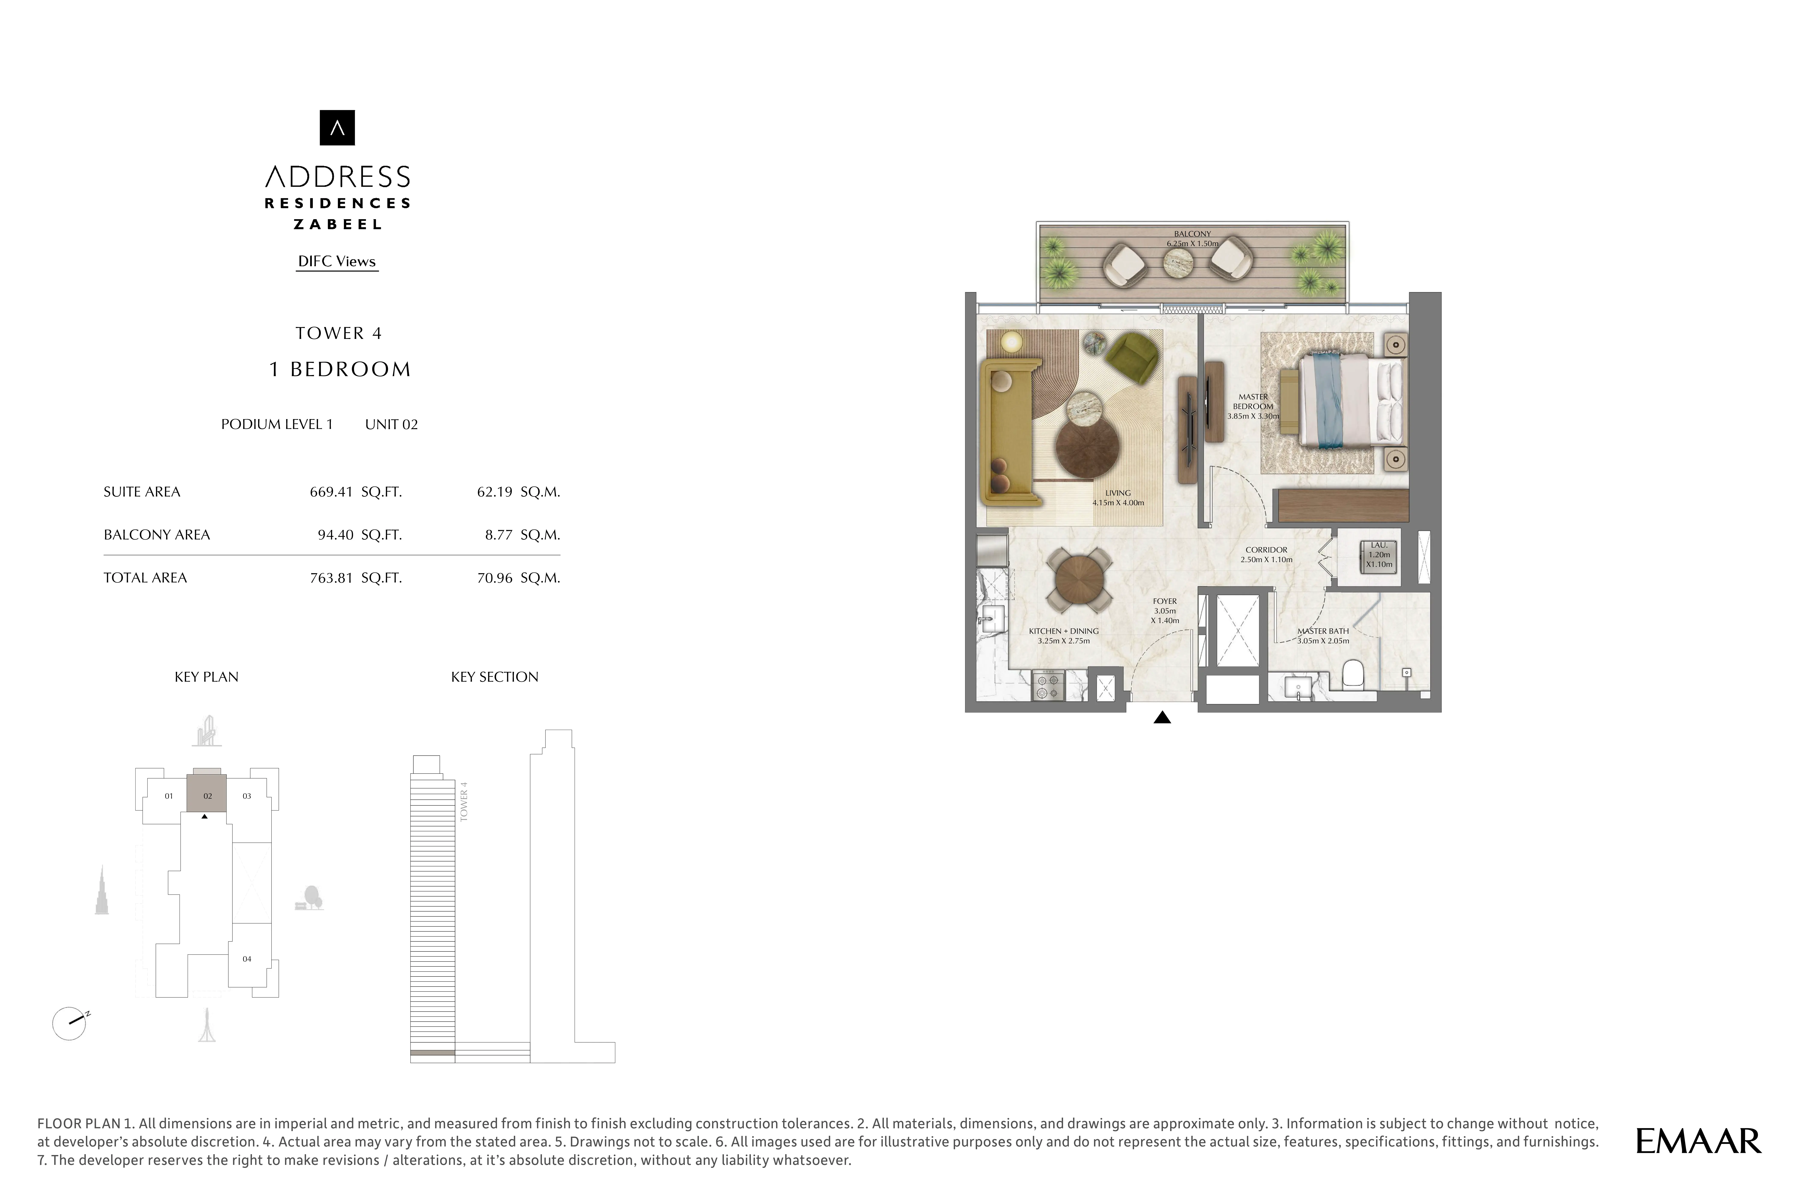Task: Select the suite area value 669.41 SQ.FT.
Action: click(x=355, y=492)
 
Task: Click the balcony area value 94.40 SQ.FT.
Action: click(x=359, y=535)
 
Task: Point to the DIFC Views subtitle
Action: click(x=337, y=261)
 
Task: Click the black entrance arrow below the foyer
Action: click(x=1162, y=718)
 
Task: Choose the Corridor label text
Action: click(x=1266, y=550)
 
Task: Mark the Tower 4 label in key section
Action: click(x=463, y=802)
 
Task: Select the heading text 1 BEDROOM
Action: click(x=339, y=369)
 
